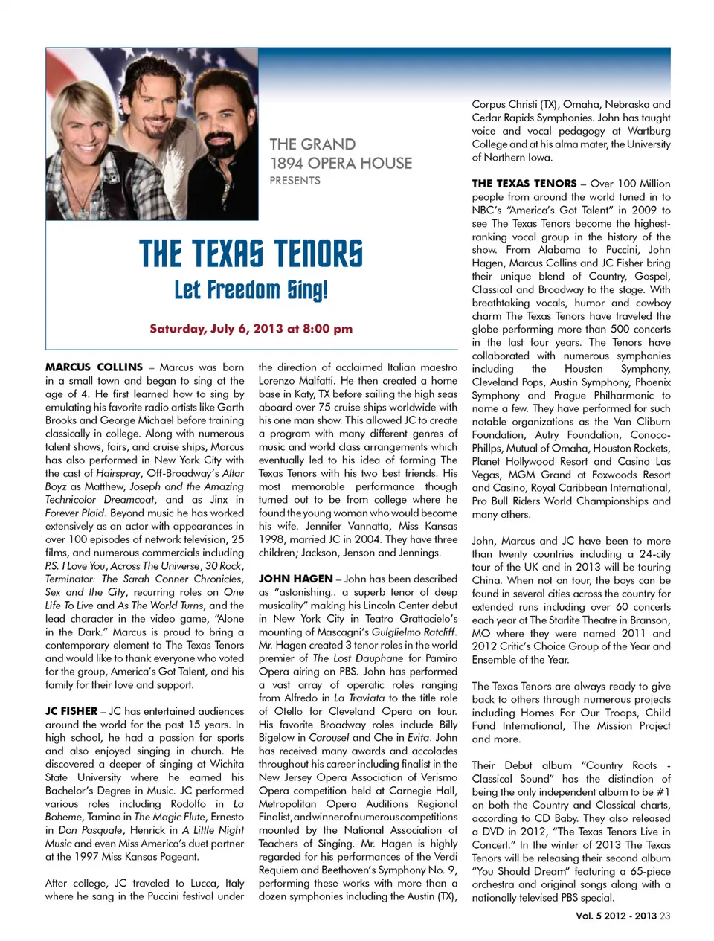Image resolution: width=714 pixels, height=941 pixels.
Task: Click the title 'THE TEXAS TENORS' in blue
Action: point(251,254)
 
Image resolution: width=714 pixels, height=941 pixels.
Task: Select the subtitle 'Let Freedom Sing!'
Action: point(251,290)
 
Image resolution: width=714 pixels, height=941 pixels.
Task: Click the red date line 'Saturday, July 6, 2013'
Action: point(251,329)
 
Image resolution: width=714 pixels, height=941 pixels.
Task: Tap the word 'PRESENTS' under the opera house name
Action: point(295,181)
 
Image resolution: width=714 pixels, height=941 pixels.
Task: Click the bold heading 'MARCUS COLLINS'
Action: point(94,367)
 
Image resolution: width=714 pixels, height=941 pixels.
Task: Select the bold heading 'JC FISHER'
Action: point(71,711)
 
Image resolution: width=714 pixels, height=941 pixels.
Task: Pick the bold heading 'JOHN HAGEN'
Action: point(295,579)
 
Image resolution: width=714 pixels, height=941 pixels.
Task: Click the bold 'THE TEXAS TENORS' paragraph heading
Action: point(524,184)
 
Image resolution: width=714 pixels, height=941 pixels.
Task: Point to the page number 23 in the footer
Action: point(665,916)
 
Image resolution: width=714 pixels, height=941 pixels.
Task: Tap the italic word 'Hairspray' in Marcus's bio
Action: point(118,473)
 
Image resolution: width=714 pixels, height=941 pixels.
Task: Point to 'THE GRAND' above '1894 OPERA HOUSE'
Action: point(312,144)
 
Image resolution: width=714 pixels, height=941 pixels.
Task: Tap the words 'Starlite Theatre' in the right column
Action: point(583,620)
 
